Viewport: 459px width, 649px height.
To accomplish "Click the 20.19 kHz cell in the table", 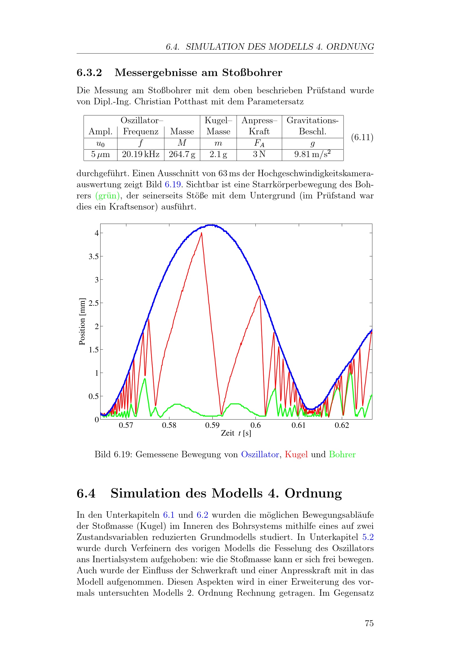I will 141,154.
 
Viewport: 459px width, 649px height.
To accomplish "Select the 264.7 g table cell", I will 182,154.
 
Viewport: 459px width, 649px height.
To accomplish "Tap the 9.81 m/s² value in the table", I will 312,154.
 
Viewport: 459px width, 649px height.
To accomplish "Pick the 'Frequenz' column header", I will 141,132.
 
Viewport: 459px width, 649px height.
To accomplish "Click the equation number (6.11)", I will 362,137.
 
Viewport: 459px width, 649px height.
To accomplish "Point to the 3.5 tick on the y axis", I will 94,256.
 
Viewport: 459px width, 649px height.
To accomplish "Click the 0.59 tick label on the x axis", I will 212,425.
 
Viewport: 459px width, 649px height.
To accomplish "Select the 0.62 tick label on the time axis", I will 342,425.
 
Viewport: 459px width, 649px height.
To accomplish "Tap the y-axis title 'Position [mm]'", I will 82,321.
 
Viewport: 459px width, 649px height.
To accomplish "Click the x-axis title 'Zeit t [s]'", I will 236,433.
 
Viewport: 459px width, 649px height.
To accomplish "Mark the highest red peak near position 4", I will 201,233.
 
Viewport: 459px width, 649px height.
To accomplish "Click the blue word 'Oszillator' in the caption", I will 260,454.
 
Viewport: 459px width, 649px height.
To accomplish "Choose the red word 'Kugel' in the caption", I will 296,454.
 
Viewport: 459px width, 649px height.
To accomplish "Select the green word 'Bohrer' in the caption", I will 342,454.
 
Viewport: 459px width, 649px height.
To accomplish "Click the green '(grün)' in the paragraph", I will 107,196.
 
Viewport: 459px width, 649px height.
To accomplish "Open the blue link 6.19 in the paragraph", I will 173,185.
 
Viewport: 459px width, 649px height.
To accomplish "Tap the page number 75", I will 369,623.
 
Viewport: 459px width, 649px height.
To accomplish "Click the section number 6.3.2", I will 89,73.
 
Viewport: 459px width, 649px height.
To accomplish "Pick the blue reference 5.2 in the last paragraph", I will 368,537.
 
